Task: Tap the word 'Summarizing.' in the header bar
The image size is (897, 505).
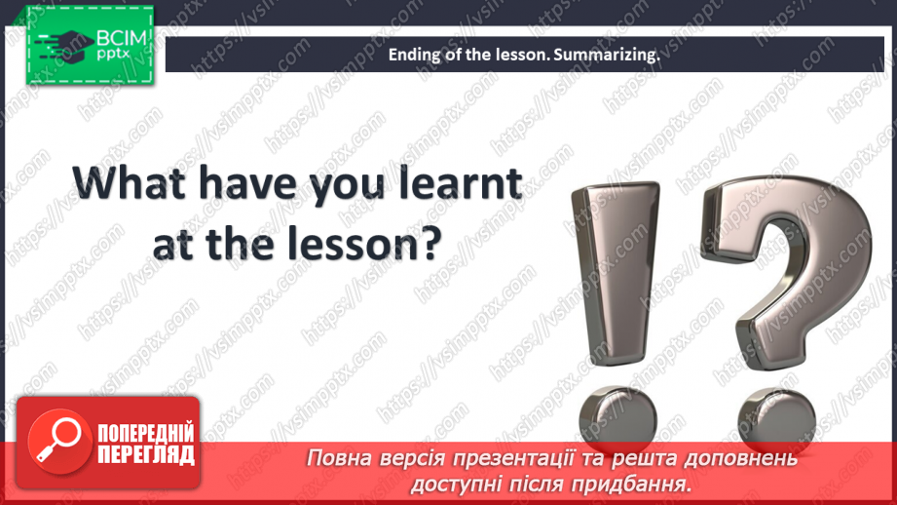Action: tap(607, 55)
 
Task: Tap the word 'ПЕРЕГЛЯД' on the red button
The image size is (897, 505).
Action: tap(146, 455)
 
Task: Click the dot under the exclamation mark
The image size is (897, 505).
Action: tap(617, 418)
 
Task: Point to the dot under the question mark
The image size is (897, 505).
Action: tap(777, 419)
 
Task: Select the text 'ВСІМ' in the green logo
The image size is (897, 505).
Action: tap(122, 38)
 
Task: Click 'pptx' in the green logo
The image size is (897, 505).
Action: tap(113, 54)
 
